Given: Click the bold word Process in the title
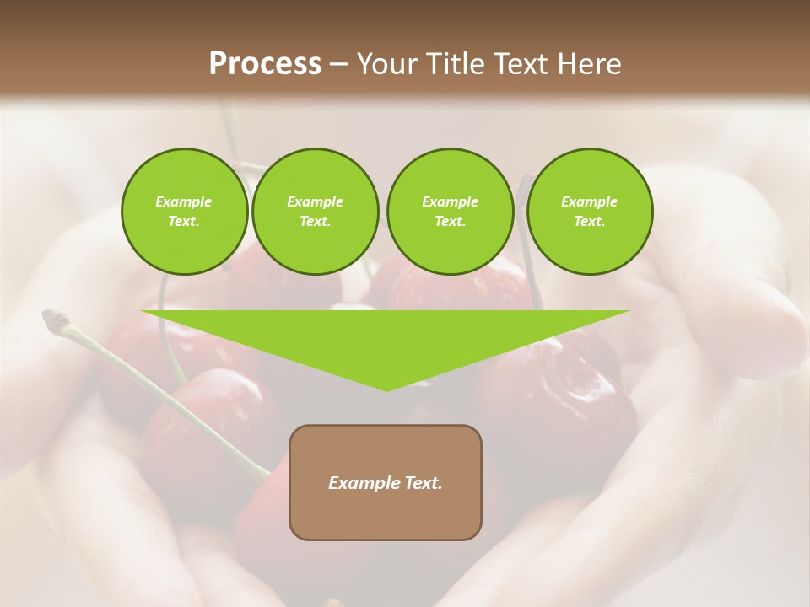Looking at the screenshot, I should click(x=265, y=64).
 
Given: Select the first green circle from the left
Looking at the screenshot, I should click(x=184, y=211).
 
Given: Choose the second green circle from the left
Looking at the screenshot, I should click(x=315, y=211).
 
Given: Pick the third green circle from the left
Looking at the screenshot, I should click(x=450, y=211).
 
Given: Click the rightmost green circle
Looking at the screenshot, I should click(x=589, y=211).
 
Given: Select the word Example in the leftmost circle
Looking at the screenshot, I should click(x=184, y=201).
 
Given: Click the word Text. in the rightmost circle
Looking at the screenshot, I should click(x=589, y=221).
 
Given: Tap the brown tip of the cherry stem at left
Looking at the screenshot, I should click(x=54, y=319).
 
